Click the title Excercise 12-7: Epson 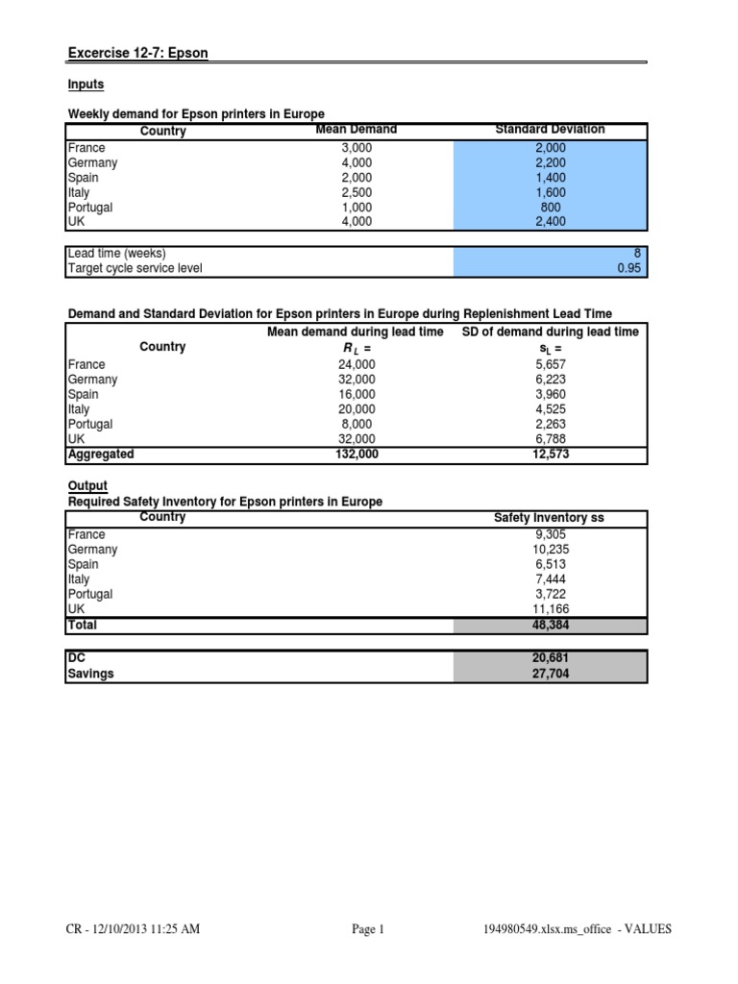pyautogui.click(x=137, y=53)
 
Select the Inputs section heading pyautogui.click(x=86, y=85)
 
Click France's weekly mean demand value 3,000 pyautogui.click(x=356, y=148)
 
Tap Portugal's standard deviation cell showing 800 pyautogui.click(x=550, y=207)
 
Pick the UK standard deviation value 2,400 pyautogui.click(x=550, y=222)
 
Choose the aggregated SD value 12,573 pyautogui.click(x=549, y=455)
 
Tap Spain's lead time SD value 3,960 pyautogui.click(x=549, y=395)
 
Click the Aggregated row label pyautogui.click(x=101, y=455)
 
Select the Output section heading pyautogui.click(x=87, y=486)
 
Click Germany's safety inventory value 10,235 pyautogui.click(x=549, y=550)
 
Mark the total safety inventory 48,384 pyautogui.click(x=549, y=625)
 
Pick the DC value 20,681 pyautogui.click(x=549, y=658)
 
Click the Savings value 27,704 pyautogui.click(x=549, y=675)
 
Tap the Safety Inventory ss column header pyautogui.click(x=549, y=518)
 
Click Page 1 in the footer pyautogui.click(x=368, y=929)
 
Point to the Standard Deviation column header pyautogui.click(x=550, y=130)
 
